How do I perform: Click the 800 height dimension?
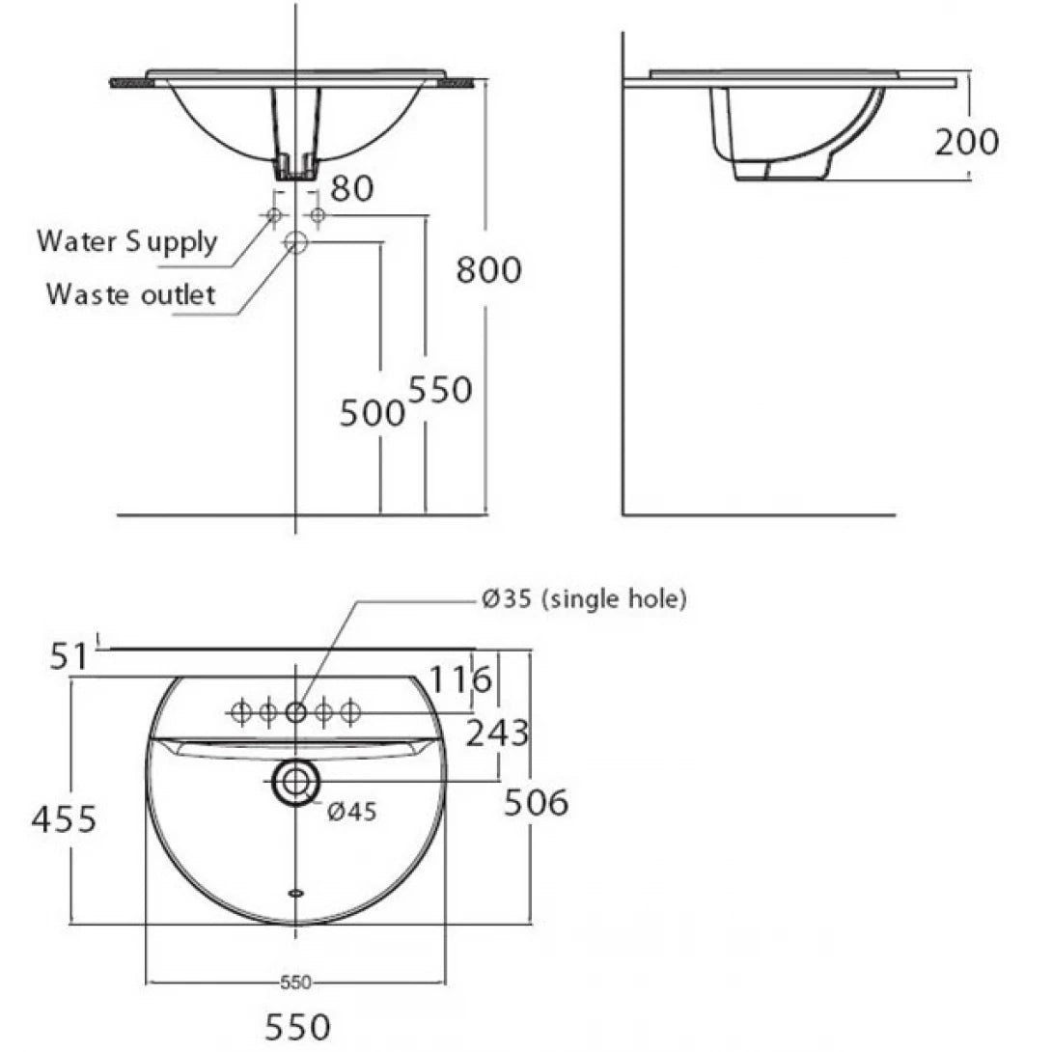(488, 270)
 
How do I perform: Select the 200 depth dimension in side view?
(966, 142)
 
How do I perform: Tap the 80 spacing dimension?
(351, 188)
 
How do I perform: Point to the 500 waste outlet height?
(372, 413)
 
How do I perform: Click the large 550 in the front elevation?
(440, 390)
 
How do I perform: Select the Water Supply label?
(126, 241)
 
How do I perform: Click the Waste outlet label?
(130, 293)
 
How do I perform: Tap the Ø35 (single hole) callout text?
(584, 599)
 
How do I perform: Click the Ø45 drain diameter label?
(351, 812)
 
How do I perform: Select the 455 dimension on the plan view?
(64, 819)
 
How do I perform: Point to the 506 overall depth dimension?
(536, 801)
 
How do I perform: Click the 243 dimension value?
(497, 734)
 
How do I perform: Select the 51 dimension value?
(69, 656)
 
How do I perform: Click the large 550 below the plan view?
(294, 1025)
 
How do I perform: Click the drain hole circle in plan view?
(294, 782)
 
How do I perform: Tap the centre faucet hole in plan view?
(295, 713)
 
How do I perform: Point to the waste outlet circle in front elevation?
(295, 243)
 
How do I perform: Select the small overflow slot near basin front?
(295, 893)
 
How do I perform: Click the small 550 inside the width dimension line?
(295, 983)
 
